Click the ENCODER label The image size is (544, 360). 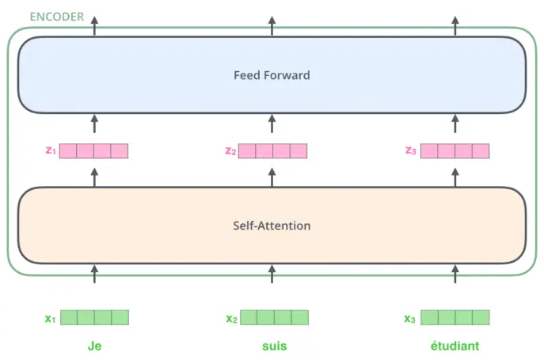tap(57, 17)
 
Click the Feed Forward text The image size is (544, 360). tap(272, 75)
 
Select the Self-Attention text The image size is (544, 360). tap(272, 225)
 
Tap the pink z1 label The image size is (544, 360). tap(51, 150)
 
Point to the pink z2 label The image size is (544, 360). tap(230, 151)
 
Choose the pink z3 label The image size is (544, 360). tap(411, 150)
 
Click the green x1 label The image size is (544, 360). tap(51, 318)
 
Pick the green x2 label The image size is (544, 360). tap(232, 318)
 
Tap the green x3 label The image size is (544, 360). tap(409, 318)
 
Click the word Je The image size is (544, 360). tap(94, 346)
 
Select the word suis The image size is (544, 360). tap(275, 346)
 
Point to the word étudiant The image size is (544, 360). tap(455, 346)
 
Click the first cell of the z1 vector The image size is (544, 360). tap(68, 151)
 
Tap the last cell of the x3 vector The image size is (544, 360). tap(481, 318)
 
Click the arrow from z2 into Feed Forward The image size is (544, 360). tap(272, 123)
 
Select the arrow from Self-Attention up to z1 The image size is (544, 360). tap(94, 177)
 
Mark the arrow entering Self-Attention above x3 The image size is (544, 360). tap(455, 274)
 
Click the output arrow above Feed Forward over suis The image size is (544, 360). tap(272, 25)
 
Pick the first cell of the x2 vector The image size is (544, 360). tap(249, 318)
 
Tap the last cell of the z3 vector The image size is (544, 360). tap(481, 151)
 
